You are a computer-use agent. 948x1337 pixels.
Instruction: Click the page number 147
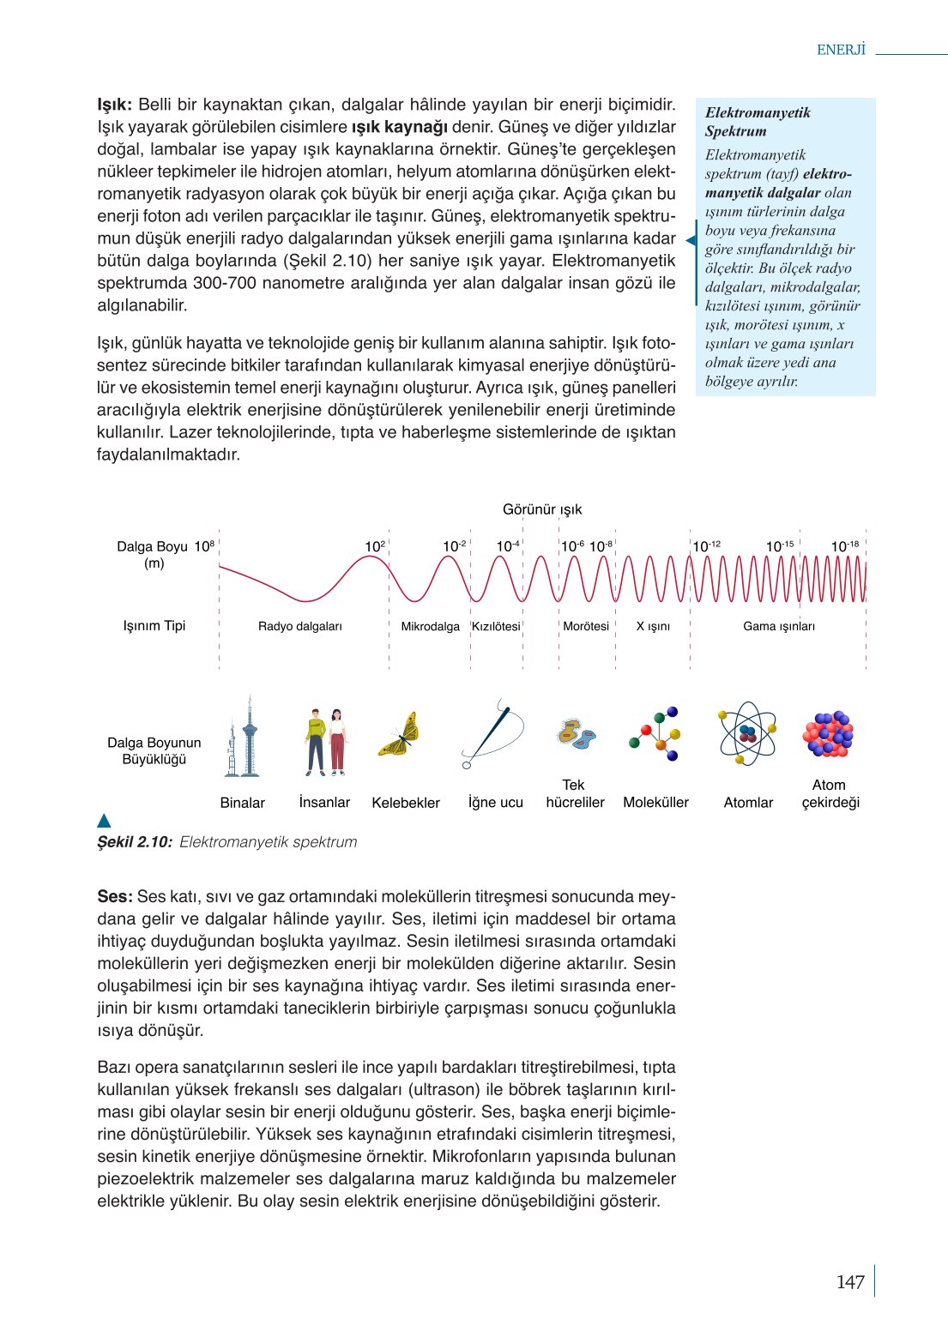[849, 1282]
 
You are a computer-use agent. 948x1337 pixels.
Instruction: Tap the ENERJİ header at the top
[841, 50]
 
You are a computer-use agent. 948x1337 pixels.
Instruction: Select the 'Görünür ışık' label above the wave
[542, 509]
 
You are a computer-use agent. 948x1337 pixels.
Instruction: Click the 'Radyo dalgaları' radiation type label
[300, 626]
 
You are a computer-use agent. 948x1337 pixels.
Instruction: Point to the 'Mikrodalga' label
[431, 626]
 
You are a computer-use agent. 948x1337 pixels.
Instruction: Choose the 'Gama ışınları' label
[779, 626]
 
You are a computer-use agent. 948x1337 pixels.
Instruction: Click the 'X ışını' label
[653, 626]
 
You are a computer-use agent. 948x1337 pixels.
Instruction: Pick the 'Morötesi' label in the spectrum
[586, 626]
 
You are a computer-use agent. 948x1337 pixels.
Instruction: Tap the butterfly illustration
[400, 734]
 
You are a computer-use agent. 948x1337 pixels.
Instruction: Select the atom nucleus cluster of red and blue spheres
[828, 734]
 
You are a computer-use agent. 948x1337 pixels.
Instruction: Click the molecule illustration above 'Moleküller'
[655, 734]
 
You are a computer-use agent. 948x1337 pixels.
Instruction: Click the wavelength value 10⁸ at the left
[204, 546]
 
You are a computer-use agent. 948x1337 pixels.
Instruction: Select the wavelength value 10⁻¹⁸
[844, 546]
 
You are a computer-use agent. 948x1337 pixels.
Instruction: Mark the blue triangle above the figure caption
[105, 821]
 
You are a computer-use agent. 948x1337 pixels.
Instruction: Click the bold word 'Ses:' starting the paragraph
[115, 896]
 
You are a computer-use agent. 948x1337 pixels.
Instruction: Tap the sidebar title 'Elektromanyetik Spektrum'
[758, 122]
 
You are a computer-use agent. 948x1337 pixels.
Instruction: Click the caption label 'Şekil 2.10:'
[135, 842]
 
